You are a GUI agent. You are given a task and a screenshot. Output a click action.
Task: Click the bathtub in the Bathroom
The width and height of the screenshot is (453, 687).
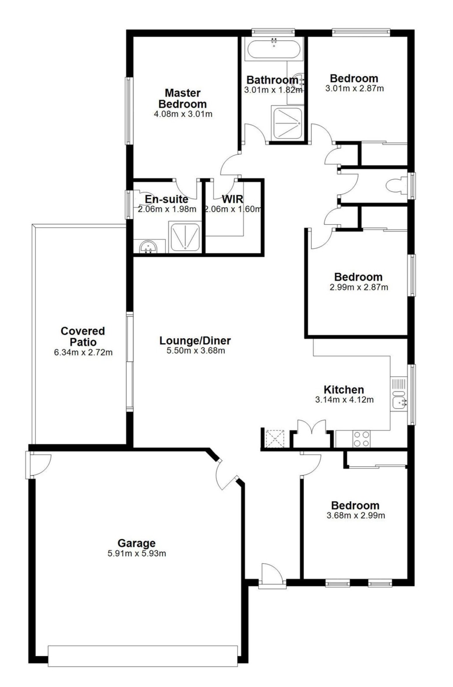point(274,49)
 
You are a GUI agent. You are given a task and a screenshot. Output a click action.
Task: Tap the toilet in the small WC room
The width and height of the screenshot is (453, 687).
point(396,185)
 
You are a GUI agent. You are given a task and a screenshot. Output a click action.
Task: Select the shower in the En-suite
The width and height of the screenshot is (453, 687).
point(185,237)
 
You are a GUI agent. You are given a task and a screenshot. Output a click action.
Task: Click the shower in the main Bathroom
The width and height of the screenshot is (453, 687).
point(287,123)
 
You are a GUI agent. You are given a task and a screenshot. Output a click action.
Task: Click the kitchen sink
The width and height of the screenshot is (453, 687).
point(399,402)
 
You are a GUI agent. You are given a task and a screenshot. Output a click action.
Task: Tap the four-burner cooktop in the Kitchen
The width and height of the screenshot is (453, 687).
point(362,439)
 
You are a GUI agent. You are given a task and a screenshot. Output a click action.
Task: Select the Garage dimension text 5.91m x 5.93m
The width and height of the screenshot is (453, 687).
point(137,554)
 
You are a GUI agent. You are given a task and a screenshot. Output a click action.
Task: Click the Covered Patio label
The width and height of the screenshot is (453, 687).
point(83,337)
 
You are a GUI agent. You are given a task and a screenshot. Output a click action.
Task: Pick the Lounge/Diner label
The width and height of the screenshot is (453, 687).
point(195,340)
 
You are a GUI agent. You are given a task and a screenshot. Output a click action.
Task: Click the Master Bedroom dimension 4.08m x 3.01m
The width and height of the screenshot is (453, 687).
point(183,114)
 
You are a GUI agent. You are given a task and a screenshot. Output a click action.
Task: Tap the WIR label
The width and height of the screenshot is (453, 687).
point(233,199)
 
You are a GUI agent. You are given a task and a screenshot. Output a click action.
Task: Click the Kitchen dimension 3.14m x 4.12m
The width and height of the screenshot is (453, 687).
point(344,399)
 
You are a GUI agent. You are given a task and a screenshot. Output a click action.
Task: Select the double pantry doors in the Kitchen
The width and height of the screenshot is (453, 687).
point(312,428)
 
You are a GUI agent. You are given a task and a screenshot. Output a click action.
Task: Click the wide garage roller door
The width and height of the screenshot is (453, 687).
point(143,656)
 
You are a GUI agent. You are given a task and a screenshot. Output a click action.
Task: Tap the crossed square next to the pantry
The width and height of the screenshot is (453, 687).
point(275,439)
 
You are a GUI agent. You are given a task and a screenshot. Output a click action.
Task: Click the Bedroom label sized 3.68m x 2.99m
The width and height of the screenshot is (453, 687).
point(355,506)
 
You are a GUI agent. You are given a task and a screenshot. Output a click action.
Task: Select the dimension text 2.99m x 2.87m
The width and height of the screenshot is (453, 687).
point(359,288)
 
